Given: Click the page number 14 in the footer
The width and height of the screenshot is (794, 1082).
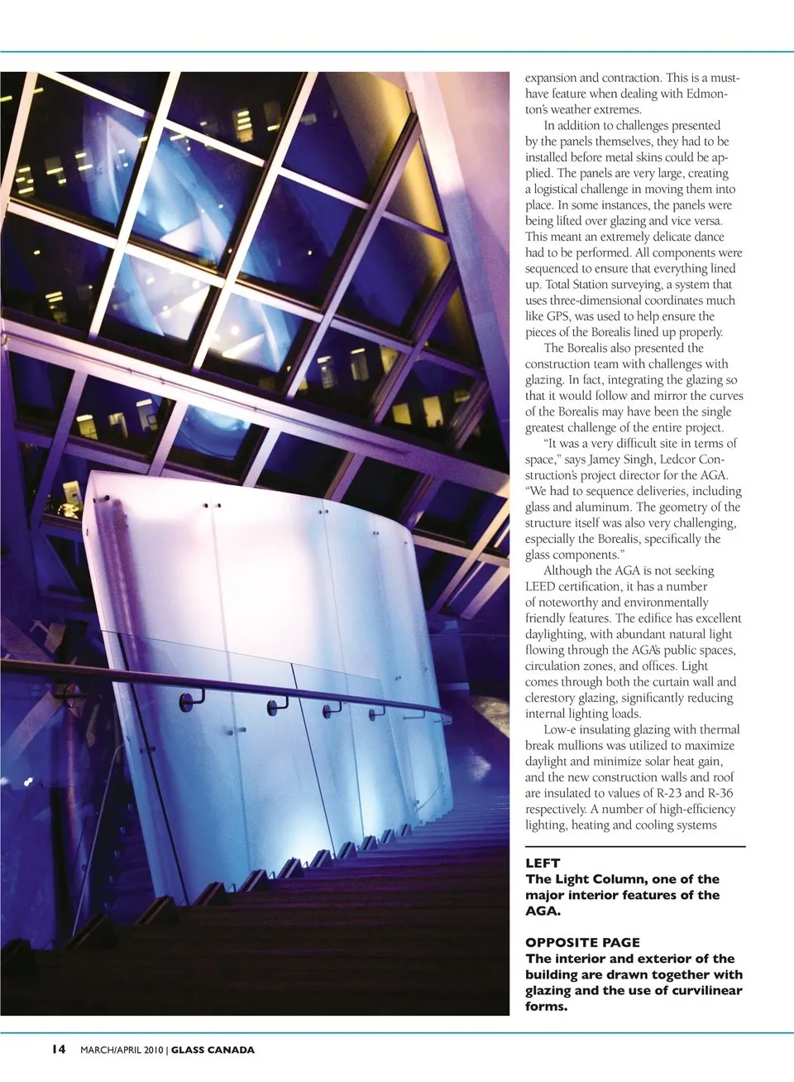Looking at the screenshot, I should (58, 1050).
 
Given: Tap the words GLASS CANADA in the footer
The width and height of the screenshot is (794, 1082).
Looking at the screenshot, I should (213, 1051).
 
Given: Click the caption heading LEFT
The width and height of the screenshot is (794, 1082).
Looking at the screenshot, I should (543, 863).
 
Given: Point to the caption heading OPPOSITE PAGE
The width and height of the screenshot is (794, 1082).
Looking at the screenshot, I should (582, 942).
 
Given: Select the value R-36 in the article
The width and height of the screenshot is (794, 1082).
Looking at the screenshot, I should (715, 793).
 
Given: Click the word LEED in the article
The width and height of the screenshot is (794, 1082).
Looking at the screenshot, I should (541, 586).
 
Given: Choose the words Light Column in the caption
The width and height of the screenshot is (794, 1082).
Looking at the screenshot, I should (594, 879).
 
